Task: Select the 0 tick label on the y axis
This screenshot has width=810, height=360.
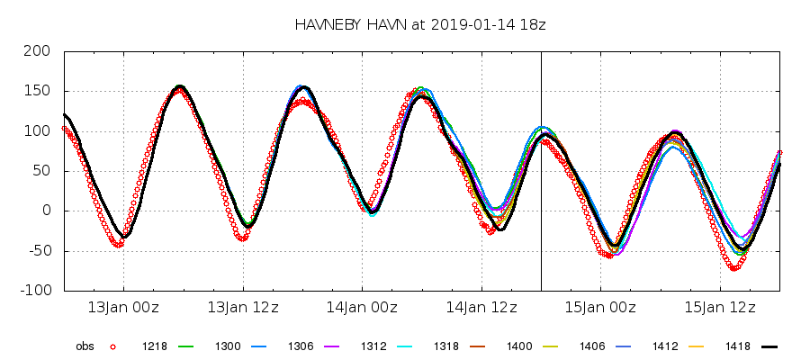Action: [x=46, y=211]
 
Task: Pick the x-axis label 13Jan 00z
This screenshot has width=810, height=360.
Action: [x=123, y=308]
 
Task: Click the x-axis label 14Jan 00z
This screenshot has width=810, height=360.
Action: [x=362, y=308]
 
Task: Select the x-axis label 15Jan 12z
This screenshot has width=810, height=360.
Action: [x=719, y=308]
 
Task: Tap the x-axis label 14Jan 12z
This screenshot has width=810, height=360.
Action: [x=481, y=308]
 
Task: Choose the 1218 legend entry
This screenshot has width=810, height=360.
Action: [x=155, y=346]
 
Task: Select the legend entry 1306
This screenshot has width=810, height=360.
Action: [x=301, y=346]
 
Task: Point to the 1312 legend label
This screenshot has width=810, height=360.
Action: [x=374, y=346]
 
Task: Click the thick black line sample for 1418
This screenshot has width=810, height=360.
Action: [x=768, y=346]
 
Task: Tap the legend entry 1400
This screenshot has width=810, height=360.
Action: [x=519, y=346]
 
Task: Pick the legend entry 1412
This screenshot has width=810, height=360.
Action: [x=665, y=346]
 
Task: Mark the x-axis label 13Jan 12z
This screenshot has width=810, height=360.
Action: [x=242, y=308]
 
